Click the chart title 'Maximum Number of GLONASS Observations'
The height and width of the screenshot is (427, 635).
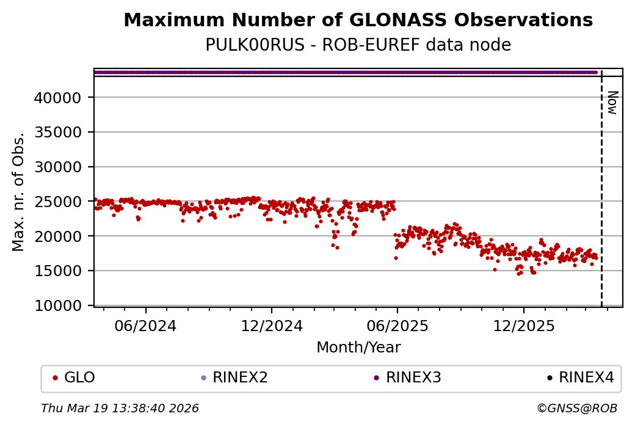point(358,20)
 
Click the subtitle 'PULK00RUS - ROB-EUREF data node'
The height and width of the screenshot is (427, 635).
point(358,45)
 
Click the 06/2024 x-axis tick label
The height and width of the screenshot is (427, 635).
point(146,326)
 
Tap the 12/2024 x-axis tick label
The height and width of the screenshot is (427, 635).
point(272,326)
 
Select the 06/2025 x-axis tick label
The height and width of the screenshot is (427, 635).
point(397,326)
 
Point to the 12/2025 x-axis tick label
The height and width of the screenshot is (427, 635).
point(523,326)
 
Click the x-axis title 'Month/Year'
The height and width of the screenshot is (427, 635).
point(358,348)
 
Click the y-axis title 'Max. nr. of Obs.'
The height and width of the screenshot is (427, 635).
point(18,192)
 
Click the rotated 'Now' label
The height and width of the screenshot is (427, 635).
point(612,103)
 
